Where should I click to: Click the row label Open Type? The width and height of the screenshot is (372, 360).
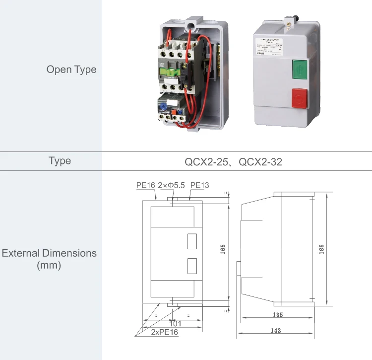click(71, 70)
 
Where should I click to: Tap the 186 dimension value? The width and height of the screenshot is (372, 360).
click(321, 249)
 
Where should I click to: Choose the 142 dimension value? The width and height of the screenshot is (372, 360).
click(276, 330)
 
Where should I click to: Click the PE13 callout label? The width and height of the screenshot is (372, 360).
click(199, 185)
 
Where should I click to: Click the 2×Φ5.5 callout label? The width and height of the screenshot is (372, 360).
click(171, 185)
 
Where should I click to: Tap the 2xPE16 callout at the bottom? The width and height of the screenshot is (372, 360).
click(164, 332)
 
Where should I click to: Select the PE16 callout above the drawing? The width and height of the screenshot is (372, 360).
click(146, 185)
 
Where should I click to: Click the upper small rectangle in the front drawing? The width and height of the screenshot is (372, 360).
click(192, 241)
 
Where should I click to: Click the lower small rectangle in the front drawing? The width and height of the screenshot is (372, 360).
click(192, 266)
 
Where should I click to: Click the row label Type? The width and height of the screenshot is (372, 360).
click(60, 161)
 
